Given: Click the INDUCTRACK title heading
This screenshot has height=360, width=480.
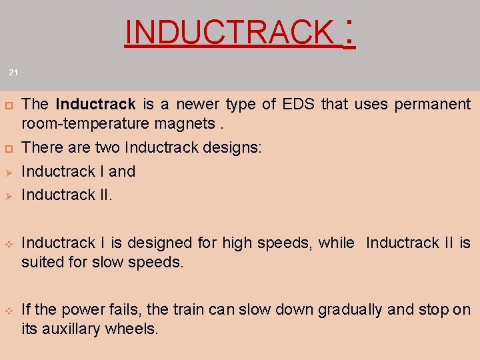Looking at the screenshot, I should (x=230, y=32).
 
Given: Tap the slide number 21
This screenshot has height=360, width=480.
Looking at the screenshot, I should (x=14, y=71).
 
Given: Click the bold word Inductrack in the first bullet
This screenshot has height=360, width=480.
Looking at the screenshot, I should (x=96, y=105).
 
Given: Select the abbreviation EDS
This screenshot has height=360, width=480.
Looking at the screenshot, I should (x=299, y=105).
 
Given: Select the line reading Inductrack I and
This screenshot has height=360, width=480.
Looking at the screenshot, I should (x=79, y=171).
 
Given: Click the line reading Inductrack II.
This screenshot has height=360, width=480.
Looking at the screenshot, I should (x=67, y=195).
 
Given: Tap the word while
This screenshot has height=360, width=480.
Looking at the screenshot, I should (x=336, y=243).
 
